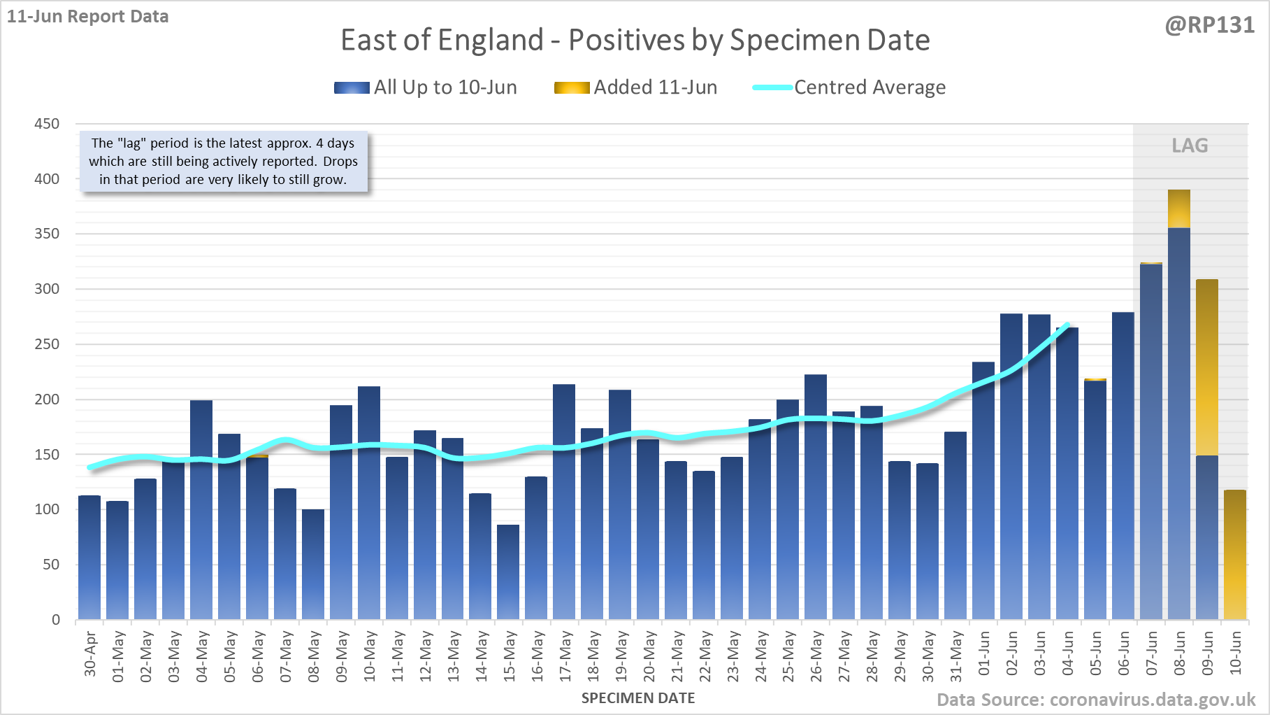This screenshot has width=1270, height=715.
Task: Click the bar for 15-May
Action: click(508, 572)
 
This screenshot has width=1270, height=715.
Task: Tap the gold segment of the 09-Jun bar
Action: click(1207, 367)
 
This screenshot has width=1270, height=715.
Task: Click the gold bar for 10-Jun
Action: click(1235, 555)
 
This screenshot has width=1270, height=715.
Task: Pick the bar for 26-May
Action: click(816, 497)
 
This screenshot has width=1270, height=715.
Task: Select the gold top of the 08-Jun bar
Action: click(1179, 208)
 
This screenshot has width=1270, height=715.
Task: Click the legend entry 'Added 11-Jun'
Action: click(636, 87)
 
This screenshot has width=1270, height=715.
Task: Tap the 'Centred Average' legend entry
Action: click(849, 87)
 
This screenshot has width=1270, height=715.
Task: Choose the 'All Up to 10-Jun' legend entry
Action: click(426, 87)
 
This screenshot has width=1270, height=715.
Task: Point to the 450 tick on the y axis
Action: click(48, 124)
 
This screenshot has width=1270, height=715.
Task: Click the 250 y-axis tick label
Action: click(48, 344)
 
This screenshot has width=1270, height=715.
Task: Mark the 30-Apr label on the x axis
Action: click(90, 654)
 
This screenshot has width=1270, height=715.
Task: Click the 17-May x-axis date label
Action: click(565, 656)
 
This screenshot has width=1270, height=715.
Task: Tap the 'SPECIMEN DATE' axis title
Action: click(638, 698)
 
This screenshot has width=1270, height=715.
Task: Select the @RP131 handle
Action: click(1209, 25)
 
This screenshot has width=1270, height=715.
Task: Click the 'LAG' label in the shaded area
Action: click(1190, 146)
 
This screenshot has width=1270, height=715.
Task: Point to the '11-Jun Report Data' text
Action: click(88, 17)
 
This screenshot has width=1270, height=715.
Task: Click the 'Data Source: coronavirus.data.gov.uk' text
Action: click(1096, 700)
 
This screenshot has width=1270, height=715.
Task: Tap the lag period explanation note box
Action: click(223, 162)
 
